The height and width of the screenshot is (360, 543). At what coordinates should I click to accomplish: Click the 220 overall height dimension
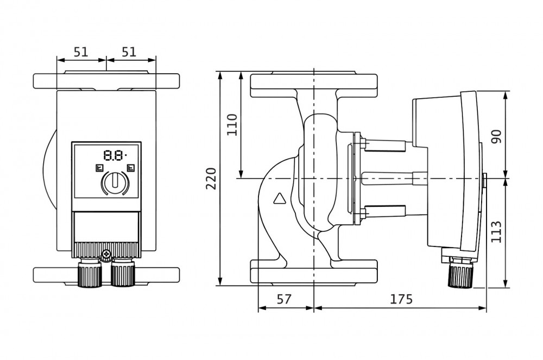coord(211,178)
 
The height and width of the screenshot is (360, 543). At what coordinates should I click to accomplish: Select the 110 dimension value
coord(232,124)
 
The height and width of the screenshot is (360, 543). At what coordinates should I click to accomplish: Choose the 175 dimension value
coord(401,299)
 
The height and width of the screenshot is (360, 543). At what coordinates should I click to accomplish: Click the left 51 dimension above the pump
coord(80,52)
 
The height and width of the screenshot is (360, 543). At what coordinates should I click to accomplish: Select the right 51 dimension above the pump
coord(129,52)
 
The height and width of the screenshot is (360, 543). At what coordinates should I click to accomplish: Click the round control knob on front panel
coord(114,182)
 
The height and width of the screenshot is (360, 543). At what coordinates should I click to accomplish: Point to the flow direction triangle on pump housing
coord(280,199)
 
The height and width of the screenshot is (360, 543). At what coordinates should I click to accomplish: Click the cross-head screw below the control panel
coord(106,253)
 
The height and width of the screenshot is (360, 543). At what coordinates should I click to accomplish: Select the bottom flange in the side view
coord(314,271)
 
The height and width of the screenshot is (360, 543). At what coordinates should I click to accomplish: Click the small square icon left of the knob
coord(99,168)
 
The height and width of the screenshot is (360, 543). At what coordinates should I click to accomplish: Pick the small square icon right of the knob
coord(130,168)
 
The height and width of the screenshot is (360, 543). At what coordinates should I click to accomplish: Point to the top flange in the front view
coord(106,80)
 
